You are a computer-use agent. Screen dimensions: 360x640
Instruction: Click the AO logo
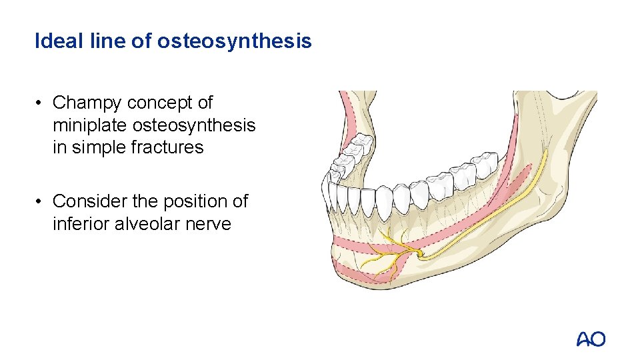[591, 339]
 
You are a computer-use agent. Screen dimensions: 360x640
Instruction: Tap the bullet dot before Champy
[41, 103]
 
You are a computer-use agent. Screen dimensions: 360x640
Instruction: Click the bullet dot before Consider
[41, 201]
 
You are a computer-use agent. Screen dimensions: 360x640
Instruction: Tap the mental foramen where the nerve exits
[419, 253]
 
